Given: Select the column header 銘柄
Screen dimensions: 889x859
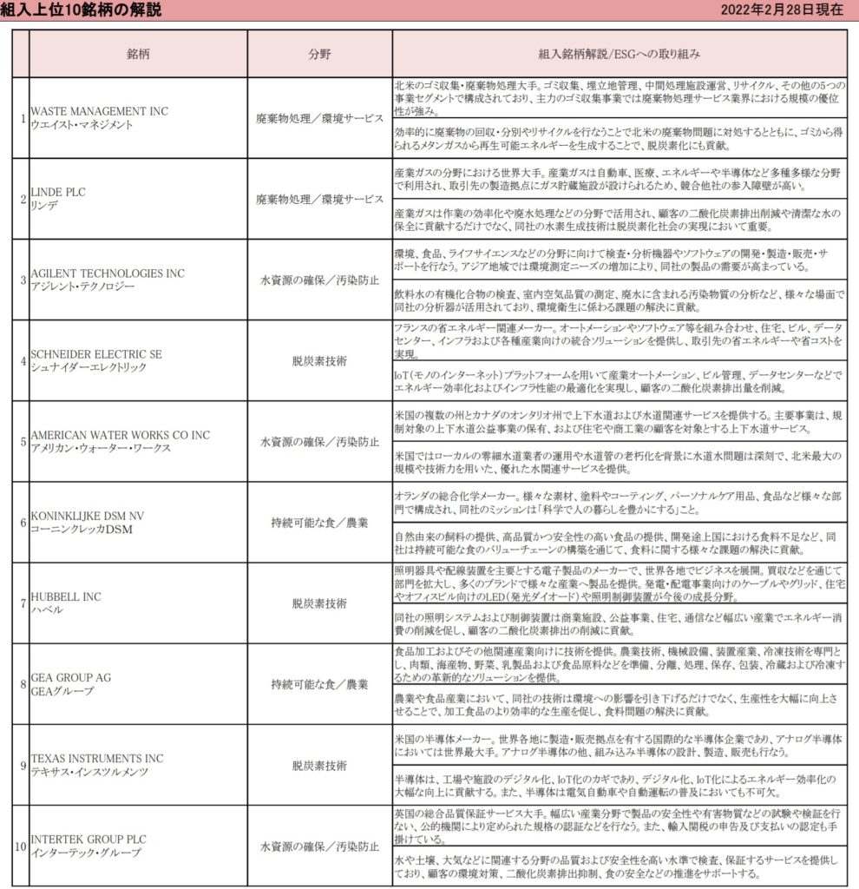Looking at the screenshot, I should tap(139, 53).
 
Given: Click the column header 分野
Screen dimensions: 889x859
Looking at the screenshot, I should tap(319, 53).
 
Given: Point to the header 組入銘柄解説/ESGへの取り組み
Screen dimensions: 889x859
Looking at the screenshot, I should tap(620, 53).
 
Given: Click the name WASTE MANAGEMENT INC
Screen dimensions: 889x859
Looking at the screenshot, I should tap(99, 112).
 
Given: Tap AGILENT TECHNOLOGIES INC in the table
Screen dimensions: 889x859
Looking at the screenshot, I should tap(107, 273).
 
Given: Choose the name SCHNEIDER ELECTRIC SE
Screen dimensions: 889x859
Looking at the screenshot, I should tap(95, 354).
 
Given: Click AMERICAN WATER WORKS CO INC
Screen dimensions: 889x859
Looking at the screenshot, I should tap(120, 435).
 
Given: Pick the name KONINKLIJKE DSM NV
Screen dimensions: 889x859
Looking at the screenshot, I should tap(87, 516).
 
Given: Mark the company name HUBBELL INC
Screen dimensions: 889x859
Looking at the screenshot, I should tap(65, 596).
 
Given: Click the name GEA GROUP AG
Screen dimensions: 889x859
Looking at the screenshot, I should tap(70, 677).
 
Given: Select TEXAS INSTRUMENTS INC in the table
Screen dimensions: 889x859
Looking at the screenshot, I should tap(96, 758).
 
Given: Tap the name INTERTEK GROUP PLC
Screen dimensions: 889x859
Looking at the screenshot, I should tap(89, 839).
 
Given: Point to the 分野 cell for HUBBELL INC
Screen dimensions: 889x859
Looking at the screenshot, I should tap(319, 603).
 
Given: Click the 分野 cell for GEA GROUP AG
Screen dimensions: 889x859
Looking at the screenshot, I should tap(319, 683).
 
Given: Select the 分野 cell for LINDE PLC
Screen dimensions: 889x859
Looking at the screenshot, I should tap(319, 199).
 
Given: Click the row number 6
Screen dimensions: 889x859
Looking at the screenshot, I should tap(22, 522).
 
